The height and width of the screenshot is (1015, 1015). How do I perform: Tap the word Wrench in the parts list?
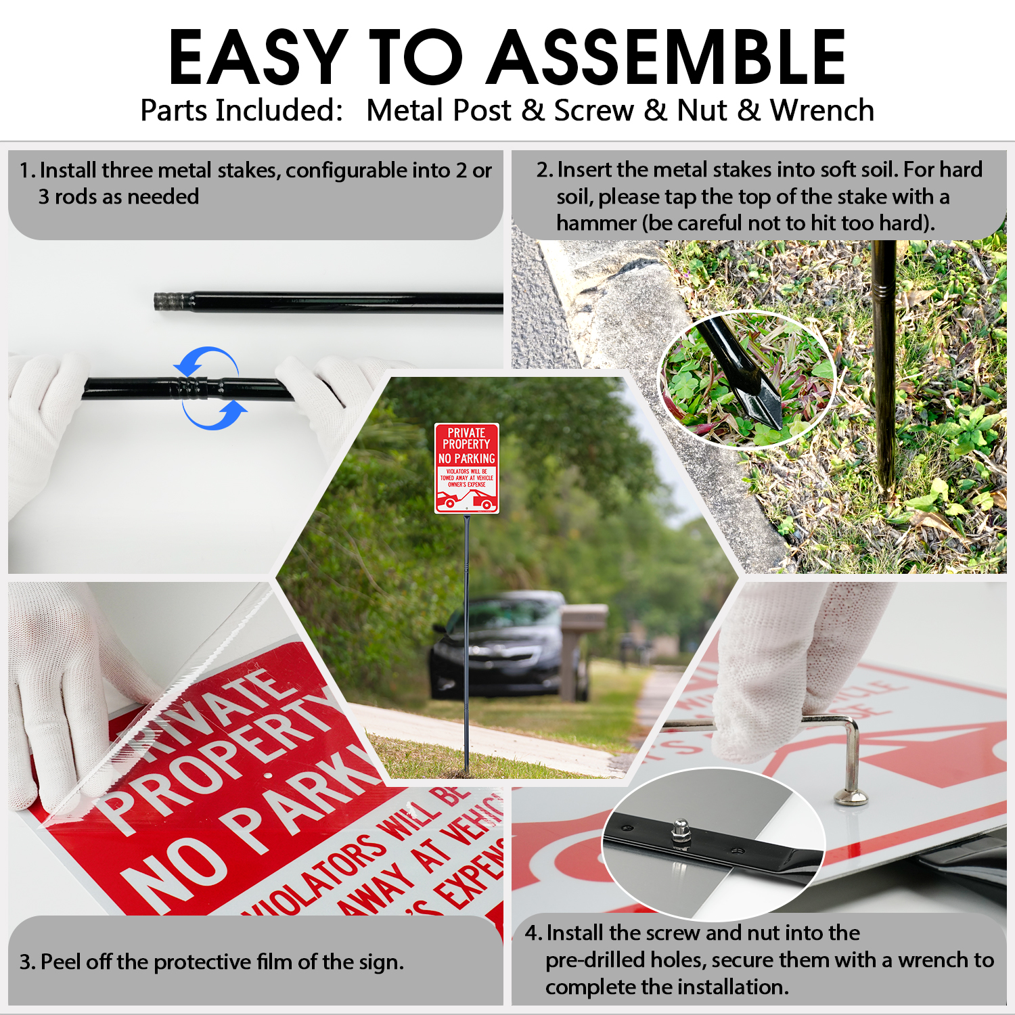pyautogui.click(x=822, y=110)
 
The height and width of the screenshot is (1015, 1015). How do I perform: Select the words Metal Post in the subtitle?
pyautogui.click(x=438, y=110)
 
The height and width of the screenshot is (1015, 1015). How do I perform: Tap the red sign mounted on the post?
pyautogui.click(x=466, y=468)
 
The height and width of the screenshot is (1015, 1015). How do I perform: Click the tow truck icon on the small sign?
pyautogui.click(x=466, y=499)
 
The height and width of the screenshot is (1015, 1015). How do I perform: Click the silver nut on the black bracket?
pyautogui.click(x=678, y=832)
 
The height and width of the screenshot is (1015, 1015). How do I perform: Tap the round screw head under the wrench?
pyautogui.click(x=851, y=797)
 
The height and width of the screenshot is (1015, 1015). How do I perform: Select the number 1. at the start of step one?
pyautogui.click(x=27, y=171)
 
